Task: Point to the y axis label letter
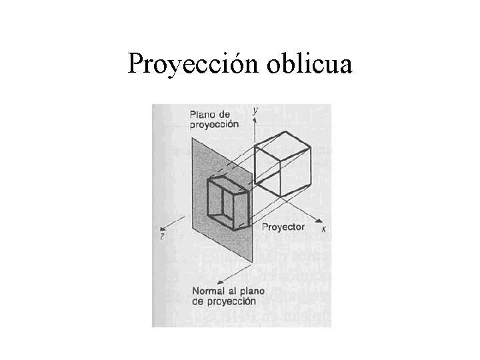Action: [255, 110]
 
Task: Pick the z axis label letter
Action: [162, 236]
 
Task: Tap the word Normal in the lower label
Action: [210, 291]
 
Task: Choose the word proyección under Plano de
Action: [214, 125]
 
